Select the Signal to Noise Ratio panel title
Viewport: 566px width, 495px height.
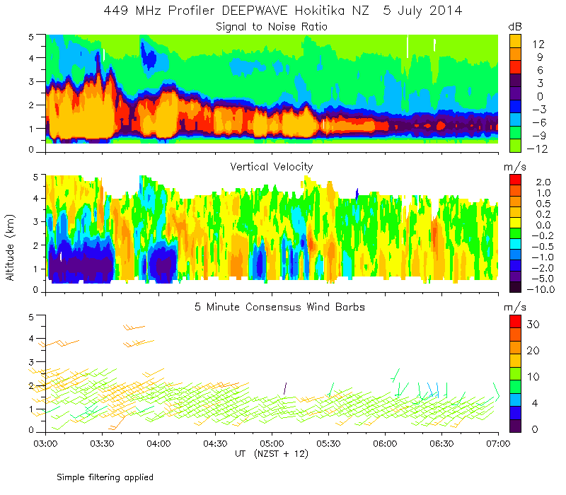coord(272,27)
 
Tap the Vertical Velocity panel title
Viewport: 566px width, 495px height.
coord(272,167)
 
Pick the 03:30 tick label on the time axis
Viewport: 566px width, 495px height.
coord(102,444)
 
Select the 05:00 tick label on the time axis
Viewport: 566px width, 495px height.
coord(272,444)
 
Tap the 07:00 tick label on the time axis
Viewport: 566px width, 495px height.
coord(498,444)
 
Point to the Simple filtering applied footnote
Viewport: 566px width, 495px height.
coord(105,477)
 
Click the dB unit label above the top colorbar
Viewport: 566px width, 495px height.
coord(516,26)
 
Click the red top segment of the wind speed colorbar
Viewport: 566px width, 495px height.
coord(517,325)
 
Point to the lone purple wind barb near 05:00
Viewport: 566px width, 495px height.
coord(284,388)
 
